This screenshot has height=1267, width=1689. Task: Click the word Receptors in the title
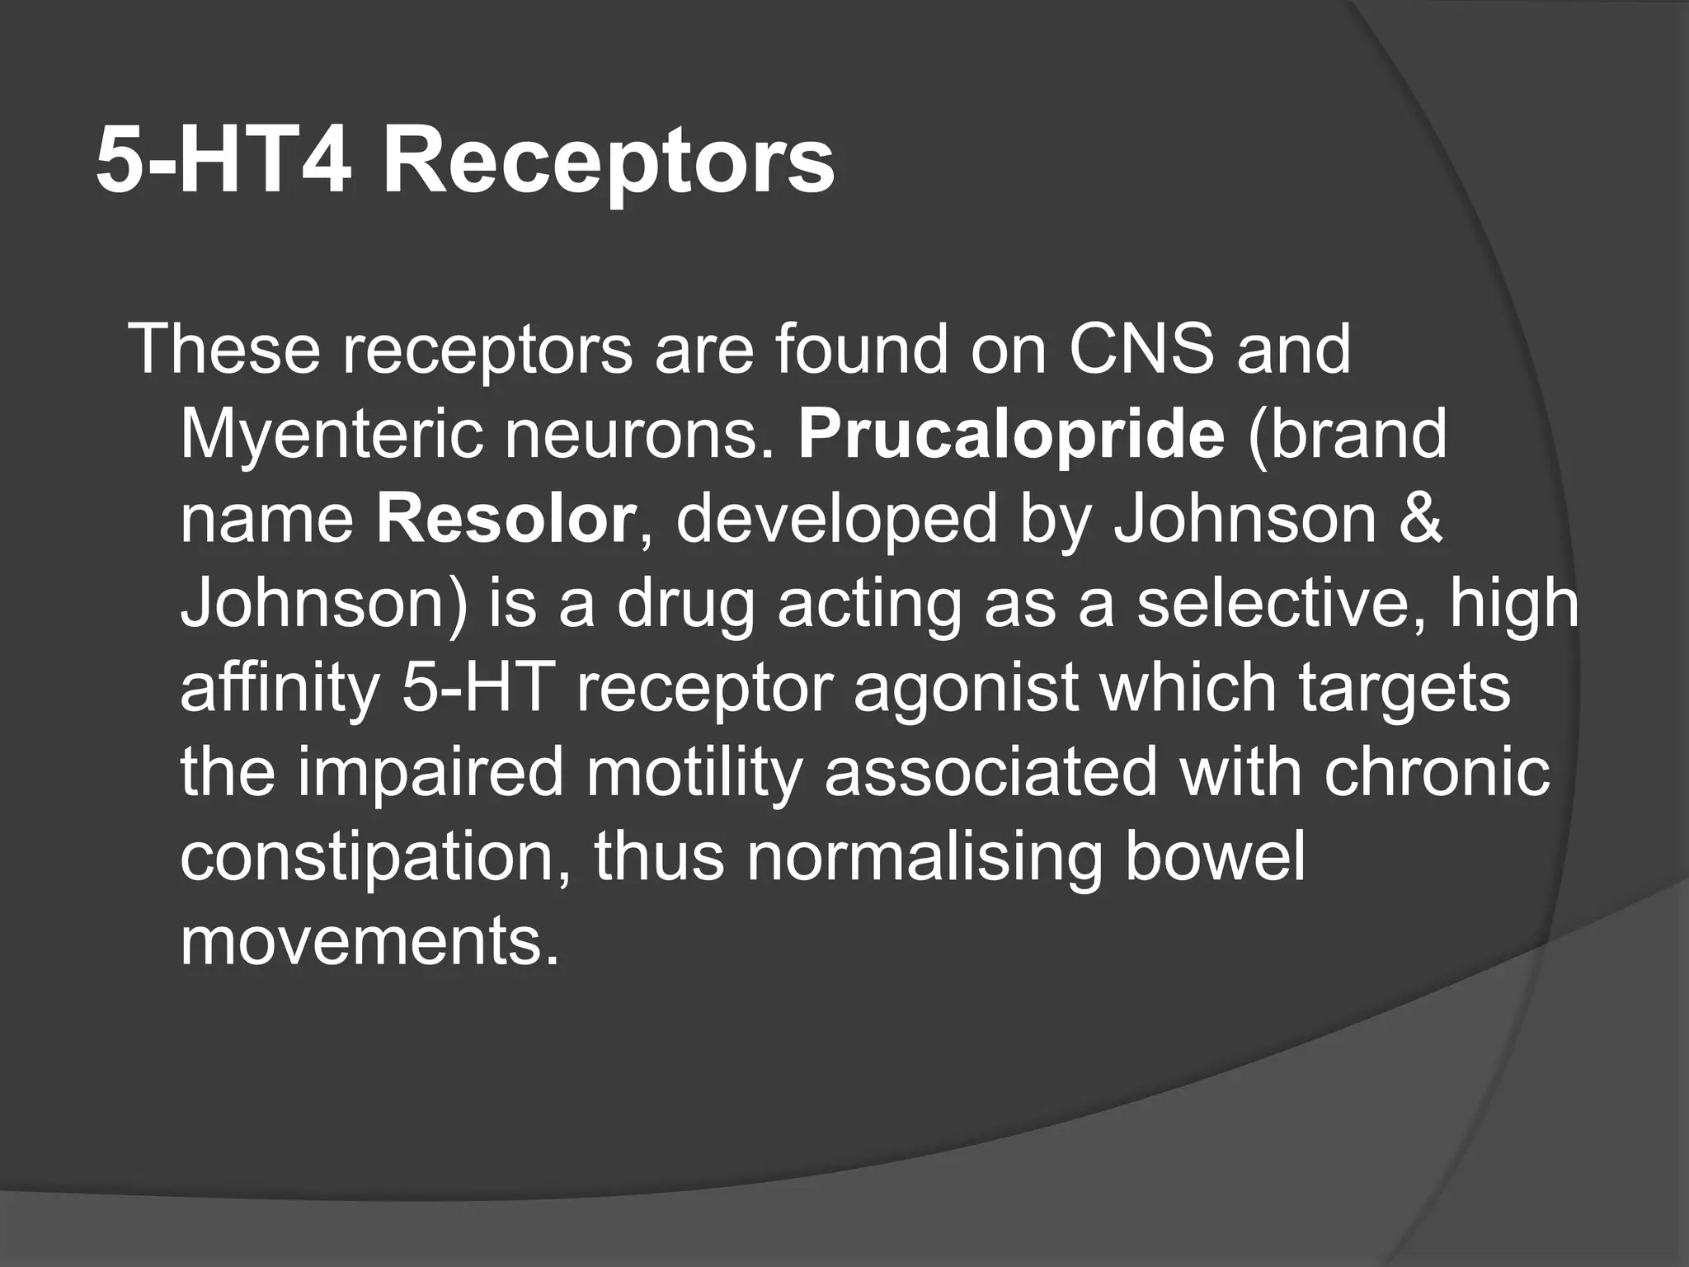pos(608,162)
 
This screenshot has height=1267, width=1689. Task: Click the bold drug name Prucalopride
pos(1012,435)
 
